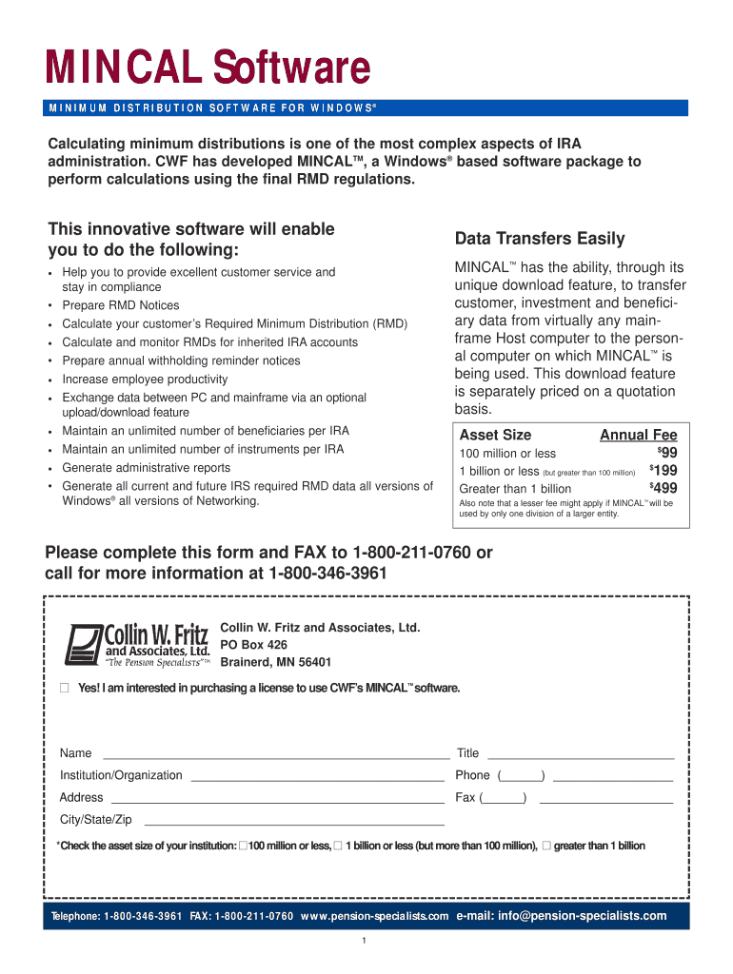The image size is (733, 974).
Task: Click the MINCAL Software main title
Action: pyautogui.click(x=208, y=68)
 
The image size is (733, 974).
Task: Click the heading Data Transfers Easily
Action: pyautogui.click(x=540, y=239)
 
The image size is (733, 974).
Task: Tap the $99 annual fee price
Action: pyautogui.click(x=667, y=453)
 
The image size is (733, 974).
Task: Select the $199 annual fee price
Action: pyautogui.click(x=664, y=471)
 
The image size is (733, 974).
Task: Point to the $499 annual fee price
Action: pyautogui.click(x=664, y=489)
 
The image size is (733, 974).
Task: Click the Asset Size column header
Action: pyautogui.click(x=495, y=435)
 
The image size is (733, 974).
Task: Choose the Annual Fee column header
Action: pyautogui.click(x=638, y=435)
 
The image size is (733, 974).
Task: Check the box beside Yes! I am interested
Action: pyautogui.click(x=65, y=688)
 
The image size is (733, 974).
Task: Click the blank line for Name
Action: pyautogui.click(x=275, y=758)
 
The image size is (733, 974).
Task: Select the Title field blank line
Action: pyautogui.click(x=581, y=758)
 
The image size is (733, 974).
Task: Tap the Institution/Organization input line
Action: pyautogui.click(x=317, y=780)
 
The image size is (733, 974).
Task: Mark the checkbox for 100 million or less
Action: pyautogui.click(x=243, y=846)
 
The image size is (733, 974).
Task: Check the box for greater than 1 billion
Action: pyautogui.click(x=545, y=846)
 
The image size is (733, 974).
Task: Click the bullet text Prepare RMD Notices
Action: pyautogui.click(x=121, y=305)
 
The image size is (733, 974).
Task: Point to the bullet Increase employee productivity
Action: pyautogui.click(x=145, y=379)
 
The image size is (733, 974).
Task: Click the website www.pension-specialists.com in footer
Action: pyautogui.click(x=374, y=916)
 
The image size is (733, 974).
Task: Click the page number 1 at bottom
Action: pyautogui.click(x=365, y=942)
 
